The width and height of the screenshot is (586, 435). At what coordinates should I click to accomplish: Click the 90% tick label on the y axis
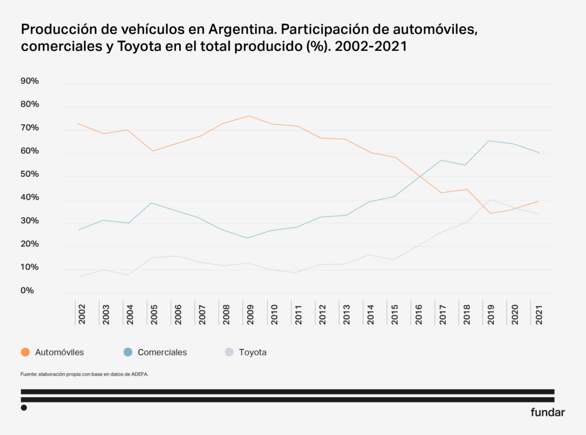[29, 81]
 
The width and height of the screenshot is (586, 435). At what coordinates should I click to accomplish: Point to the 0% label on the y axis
[27, 291]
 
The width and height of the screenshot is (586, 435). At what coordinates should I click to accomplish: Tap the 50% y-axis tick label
[29, 174]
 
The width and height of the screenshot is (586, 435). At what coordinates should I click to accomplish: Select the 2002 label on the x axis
[81, 314]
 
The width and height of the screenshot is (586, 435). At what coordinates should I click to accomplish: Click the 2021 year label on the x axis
[538, 314]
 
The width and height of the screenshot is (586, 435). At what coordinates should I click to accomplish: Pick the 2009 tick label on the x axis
[250, 314]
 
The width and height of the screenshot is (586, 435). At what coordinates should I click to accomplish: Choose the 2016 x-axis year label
[418, 314]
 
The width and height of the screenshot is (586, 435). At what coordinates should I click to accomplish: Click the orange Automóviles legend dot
[25, 352]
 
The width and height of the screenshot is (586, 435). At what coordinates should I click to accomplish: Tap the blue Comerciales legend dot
[128, 352]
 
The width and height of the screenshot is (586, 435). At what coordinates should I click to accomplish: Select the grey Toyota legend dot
[229, 352]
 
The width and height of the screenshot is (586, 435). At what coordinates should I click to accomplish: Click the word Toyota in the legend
[252, 353]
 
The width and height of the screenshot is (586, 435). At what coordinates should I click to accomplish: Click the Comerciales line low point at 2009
[247, 238]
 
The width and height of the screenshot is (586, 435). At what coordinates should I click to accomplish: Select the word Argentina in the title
[240, 29]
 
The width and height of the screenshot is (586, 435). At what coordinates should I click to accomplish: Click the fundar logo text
[547, 412]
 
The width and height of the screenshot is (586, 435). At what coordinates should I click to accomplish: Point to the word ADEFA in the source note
[140, 374]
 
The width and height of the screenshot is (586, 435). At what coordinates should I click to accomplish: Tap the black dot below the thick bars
[24, 408]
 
